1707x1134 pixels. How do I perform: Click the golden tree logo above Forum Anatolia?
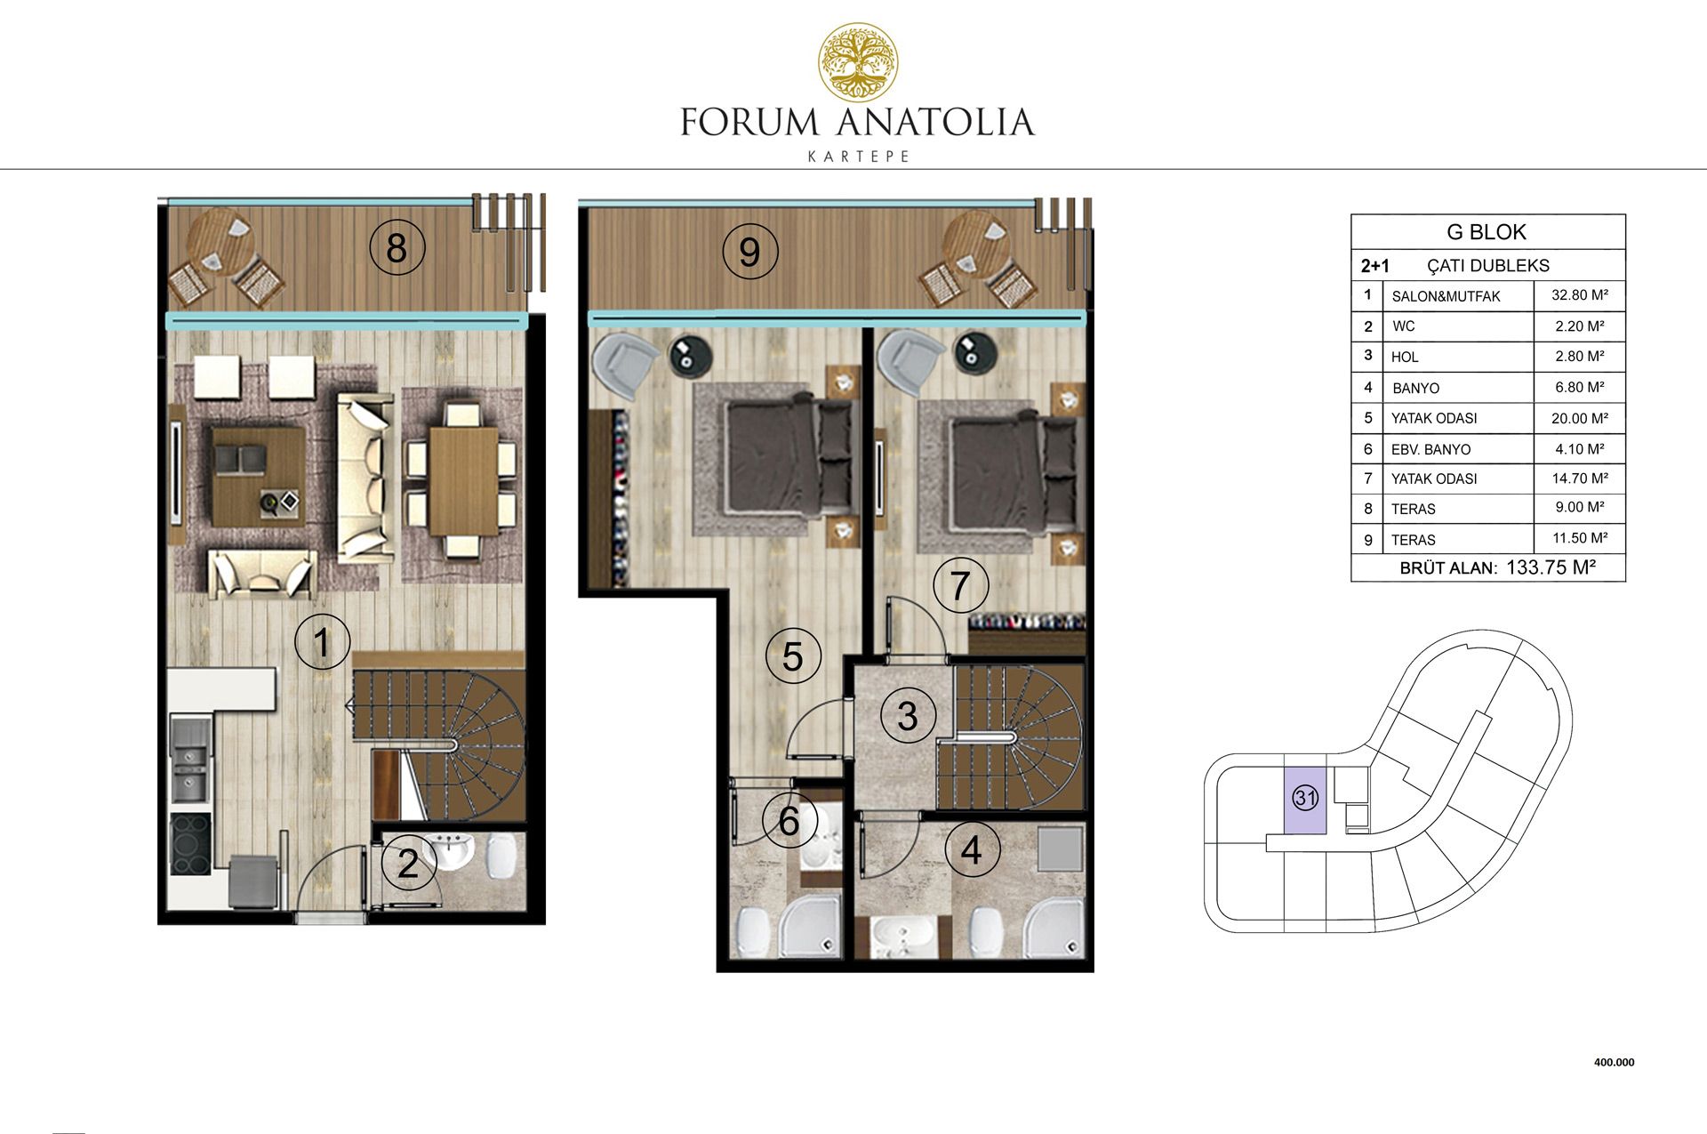click(x=858, y=62)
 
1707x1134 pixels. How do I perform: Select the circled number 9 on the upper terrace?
click(x=749, y=252)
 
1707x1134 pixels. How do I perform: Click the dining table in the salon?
click(x=463, y=480)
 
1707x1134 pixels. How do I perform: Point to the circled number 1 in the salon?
click(x=322, y=642)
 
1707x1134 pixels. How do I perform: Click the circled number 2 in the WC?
click(x=408, y=864)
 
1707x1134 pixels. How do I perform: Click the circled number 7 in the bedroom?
click(x=959, y=586)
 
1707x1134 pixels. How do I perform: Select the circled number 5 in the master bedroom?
click(x=792, y=656)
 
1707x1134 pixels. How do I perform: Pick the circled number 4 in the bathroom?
click(x=972, y=849)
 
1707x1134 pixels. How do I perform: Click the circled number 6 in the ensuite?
click(x=789, y=821)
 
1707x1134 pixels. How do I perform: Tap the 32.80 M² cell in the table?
click(x=1580, y=295)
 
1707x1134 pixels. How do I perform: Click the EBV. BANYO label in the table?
click(x=1431, y=450)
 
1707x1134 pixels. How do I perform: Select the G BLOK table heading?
click(x=1487, y=232)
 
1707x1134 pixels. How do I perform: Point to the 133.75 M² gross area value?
click(x=1551, y=567)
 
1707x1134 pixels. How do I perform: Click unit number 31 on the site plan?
click(x=1305, y=798)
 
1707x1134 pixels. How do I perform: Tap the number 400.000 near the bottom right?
click(x=1615, y=1062)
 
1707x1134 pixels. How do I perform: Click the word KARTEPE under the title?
click(x=858, y=157)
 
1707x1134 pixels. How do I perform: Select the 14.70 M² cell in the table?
click(x=1580, y=479)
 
